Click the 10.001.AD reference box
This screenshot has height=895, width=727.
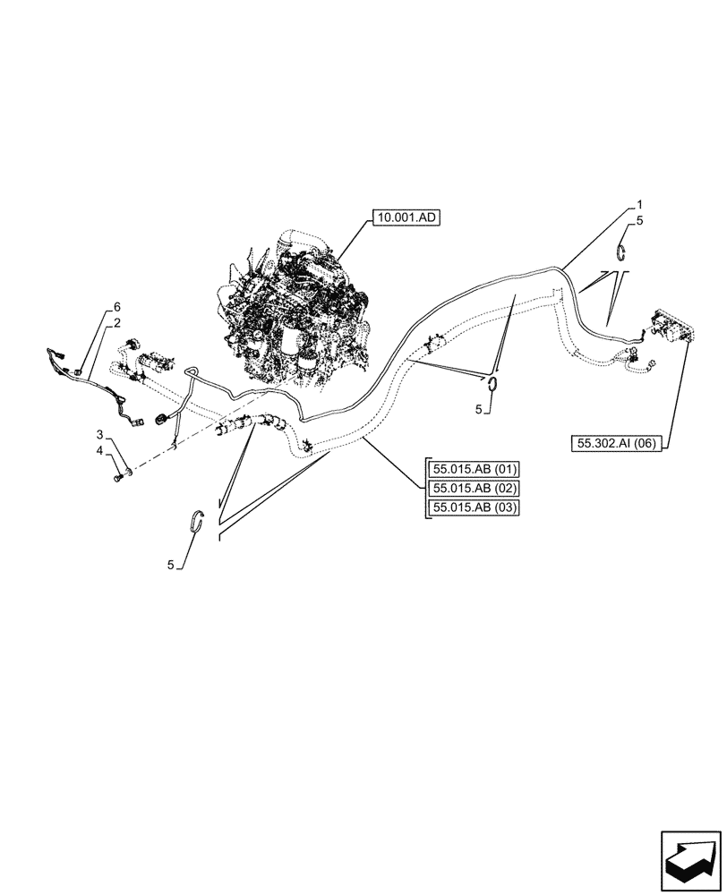[x=403, y=217]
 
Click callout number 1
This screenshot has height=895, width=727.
[x=639, y=204]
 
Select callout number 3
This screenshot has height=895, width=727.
[x=101, y=434]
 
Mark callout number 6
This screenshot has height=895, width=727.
[x=115, y=306]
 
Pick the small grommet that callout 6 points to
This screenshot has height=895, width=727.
[x=80, y=371]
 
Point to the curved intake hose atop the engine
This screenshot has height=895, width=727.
[x=300, y=240]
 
